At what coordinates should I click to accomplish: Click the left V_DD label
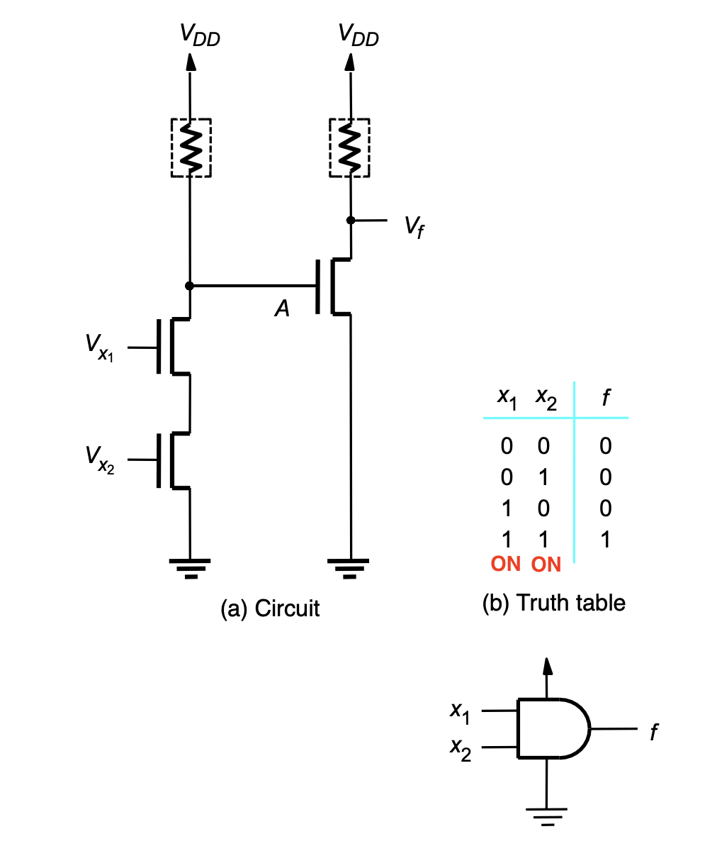point(200,35)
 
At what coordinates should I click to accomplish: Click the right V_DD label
point(358,35)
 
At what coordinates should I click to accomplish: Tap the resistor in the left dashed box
point(191,148)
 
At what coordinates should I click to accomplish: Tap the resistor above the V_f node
point(349,148)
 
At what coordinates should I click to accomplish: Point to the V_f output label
point(414,227)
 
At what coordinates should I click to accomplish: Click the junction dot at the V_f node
point(351,220)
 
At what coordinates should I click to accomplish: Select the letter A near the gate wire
point(282,308)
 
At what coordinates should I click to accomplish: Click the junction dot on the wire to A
point(189,286)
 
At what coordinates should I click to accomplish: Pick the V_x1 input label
point(100,348)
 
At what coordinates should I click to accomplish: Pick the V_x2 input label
point(100,460)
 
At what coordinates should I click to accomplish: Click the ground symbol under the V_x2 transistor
point(190,569)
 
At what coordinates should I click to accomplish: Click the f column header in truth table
point(606,397)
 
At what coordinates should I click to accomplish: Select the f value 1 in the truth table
point(606,540)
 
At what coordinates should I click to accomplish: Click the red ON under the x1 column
point(506,564)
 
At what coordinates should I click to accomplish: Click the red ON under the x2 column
point(546,564)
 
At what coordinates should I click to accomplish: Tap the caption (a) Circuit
point(270,608)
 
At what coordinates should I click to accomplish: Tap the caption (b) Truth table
point(554,603)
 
